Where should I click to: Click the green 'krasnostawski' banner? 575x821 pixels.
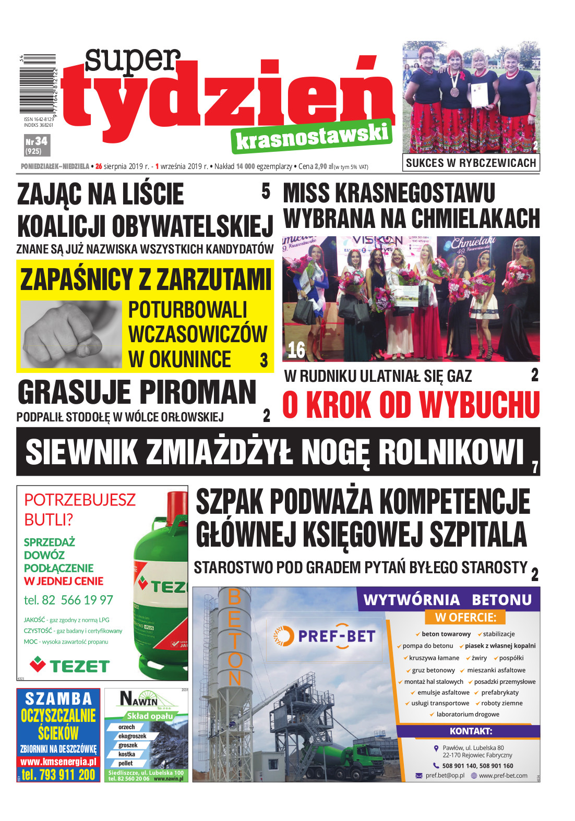coord(312,137)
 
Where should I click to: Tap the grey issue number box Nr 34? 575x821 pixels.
coord(37,146)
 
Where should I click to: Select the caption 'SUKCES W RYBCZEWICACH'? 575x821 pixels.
coord(471,163)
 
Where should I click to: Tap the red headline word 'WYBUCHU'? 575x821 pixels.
coord(479,405)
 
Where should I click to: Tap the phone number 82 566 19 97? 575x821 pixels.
coord(68,600)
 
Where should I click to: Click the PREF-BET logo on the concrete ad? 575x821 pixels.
coord(325,636)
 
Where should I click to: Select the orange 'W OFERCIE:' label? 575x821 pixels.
coord(465,618)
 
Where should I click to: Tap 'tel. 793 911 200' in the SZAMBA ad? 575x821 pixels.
coord(58,775)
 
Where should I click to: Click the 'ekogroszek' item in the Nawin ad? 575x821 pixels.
coord(132,736)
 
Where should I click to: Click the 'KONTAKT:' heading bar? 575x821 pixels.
coord(471,731)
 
